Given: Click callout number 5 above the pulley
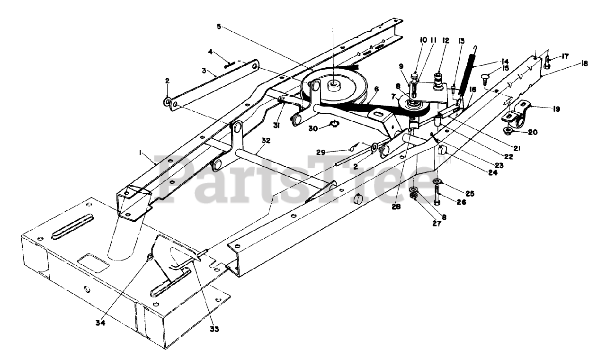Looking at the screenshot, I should (x=219, y=27).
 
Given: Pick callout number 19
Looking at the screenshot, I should (x=556, y=109).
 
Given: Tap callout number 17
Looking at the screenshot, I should (x=565, y=56).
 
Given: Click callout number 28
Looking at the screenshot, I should (x=396, y=207).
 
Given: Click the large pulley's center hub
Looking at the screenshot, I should (x=333, y=85).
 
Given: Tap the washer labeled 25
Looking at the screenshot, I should (x=437, y=181).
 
